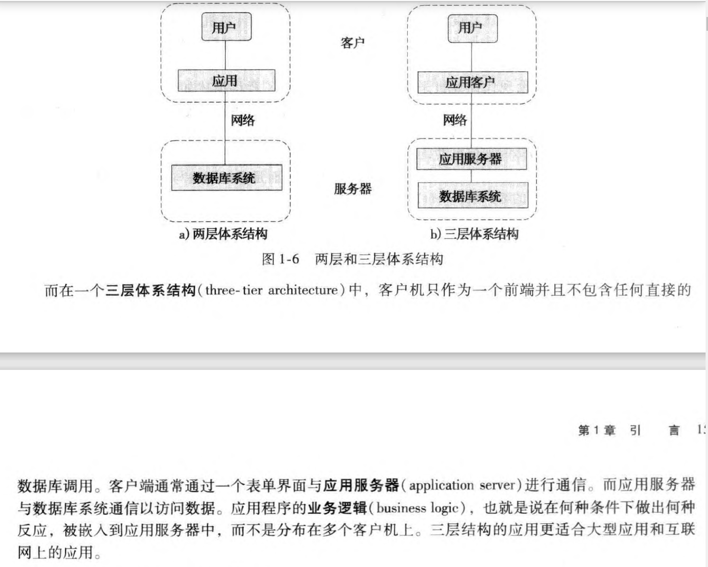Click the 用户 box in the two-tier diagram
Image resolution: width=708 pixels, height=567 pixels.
coord(226,27)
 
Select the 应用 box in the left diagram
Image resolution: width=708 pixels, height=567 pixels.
coord(226,80)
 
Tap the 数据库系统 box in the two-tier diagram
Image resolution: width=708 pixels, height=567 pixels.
coord(226,178)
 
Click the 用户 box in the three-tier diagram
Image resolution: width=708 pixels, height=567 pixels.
coord(472,28)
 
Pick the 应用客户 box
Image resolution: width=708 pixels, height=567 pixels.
coord(472,82)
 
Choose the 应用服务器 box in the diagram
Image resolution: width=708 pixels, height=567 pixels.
coord(471,159)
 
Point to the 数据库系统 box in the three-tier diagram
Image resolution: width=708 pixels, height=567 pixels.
coord(472,196)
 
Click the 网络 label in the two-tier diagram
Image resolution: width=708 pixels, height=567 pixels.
coord(243,120)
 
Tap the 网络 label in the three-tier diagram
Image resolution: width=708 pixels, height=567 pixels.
coord(455,120)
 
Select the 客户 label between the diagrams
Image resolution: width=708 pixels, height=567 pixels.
coord(352,42)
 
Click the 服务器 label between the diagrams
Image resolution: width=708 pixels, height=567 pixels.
coord(352,189)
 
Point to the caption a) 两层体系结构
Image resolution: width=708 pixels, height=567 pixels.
coord(223,234)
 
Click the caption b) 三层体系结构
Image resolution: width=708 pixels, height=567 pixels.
coord(474,234)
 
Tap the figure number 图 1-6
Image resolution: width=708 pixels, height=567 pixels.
coord(280,259)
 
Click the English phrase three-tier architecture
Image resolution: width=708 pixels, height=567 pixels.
coord(271,290)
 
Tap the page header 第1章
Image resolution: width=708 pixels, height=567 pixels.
coord(596,430)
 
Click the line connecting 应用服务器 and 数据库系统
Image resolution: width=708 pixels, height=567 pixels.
coord(471,176)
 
